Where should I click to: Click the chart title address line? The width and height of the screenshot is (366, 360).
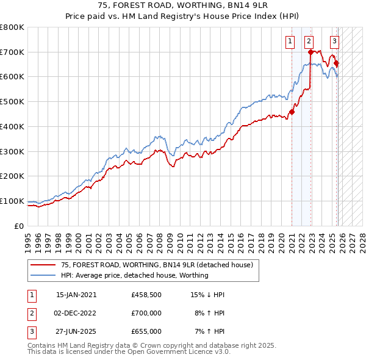pos(183,6)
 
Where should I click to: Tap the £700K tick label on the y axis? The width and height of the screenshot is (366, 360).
pos(12,52)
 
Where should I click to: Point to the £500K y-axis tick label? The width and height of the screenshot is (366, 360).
pos(12,102)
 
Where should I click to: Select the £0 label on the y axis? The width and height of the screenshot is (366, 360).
pos(19,226)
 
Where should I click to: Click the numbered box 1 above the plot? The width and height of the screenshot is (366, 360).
pos(289,41)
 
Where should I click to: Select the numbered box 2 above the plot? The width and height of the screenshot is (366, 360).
pos(309,41)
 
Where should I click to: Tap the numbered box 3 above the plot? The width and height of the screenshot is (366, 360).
pos(335,41)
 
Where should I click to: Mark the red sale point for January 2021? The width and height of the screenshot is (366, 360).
pos(292,112)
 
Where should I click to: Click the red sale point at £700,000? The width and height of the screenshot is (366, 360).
pos(311,52)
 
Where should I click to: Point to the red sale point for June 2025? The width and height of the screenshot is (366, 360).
pos(337,63)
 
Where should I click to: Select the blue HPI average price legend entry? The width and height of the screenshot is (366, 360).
pos(134,275)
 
